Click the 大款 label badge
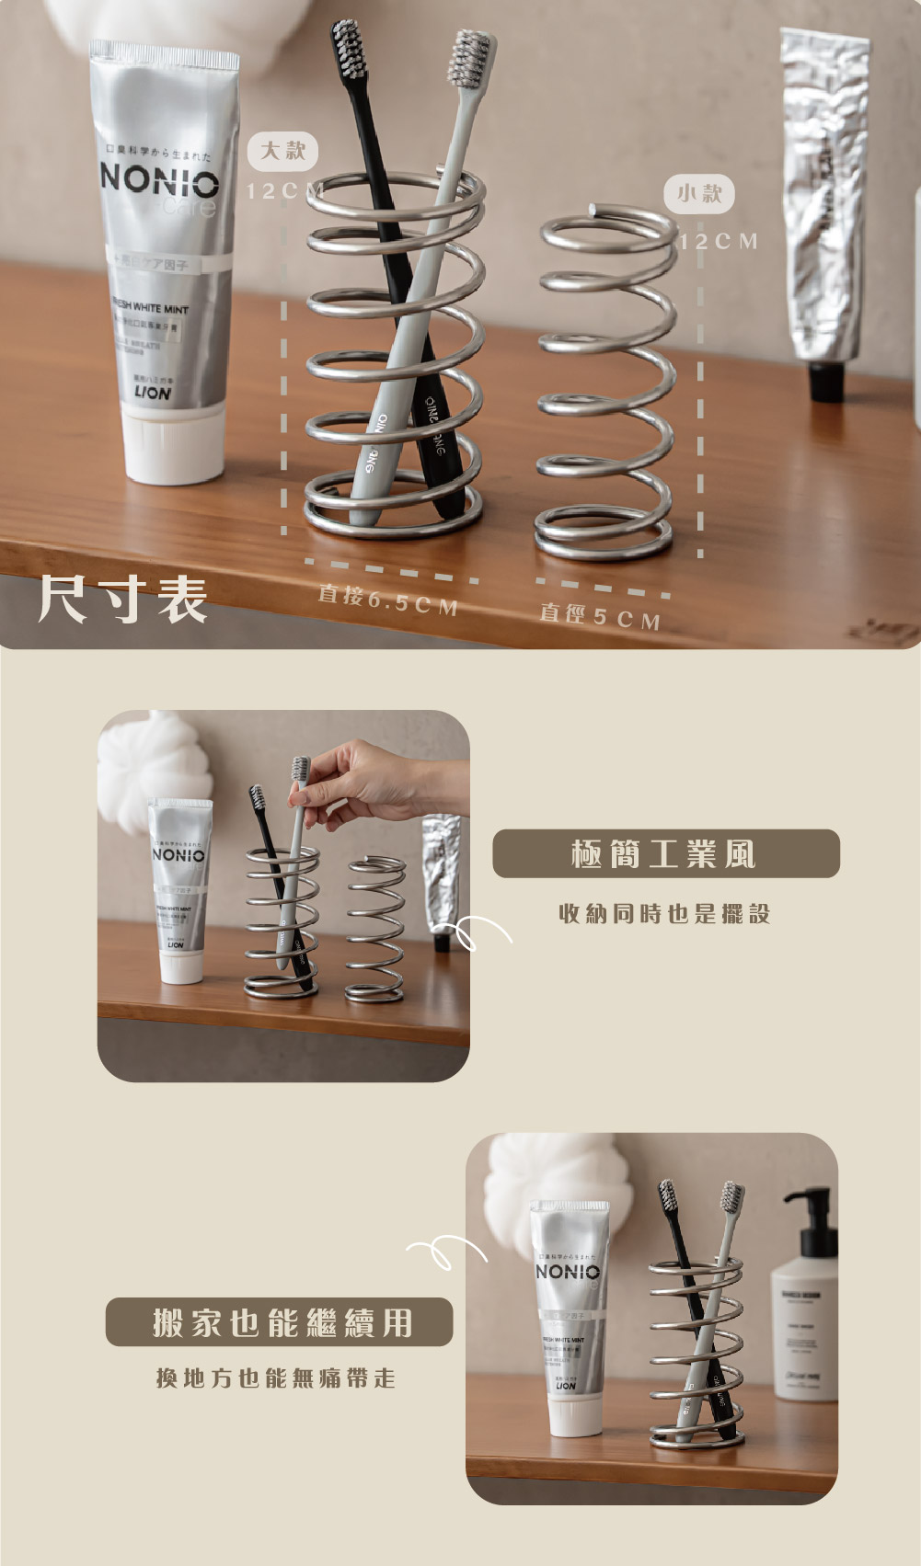pyautogui.click(x=282, y=151)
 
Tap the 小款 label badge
pyautogui.click(x=699, y=193)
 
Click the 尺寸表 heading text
pyautogui.click(x=122, y=600)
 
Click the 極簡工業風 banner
pyautogui.click(x=665, y=853)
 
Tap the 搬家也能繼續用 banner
pyautogui.click(x=279, y=1322)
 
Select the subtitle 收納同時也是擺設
pyautogui.click(x=664, y=913)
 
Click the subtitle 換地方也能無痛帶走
pyautogui.click(x=276, y=1377)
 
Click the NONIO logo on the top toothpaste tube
pyautogui.click(x=159, y=179)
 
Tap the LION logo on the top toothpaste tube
pyautogui.click(x=153, y=393)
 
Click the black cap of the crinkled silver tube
pyautogui.click(x=826, y=381)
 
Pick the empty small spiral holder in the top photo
pyautogui.click(x=605, y=386)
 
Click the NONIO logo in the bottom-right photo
pyautogui.click(x=568, y=1272)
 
